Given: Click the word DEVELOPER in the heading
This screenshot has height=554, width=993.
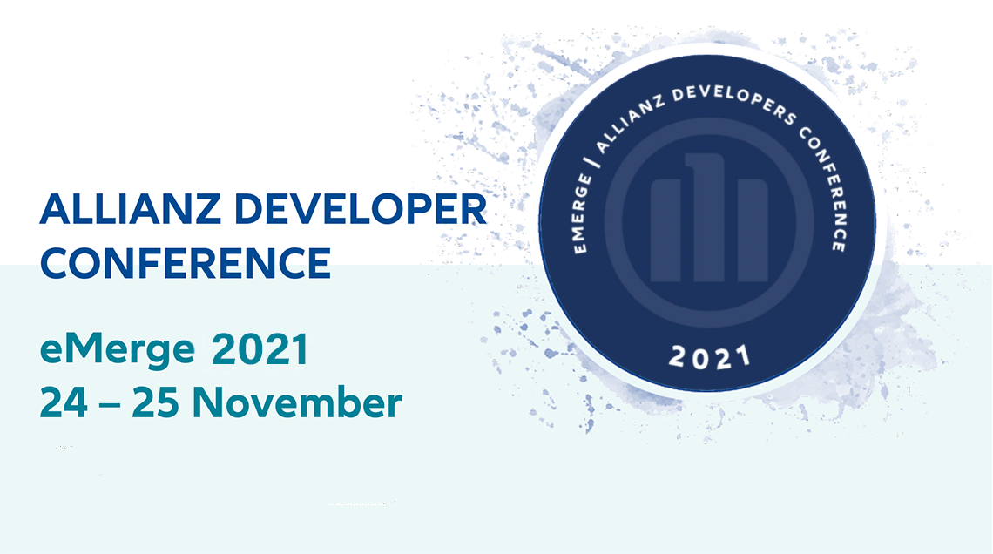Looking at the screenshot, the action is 361,209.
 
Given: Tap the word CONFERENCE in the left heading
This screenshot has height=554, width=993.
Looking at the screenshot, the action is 186,263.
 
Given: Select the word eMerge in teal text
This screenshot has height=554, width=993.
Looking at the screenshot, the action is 118,349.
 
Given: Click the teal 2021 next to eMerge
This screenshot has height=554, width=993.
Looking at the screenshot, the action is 260,348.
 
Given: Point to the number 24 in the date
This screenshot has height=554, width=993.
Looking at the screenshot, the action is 64,402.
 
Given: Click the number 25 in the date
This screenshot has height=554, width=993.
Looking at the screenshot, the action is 155,402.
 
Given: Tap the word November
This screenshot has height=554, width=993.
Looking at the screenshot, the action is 297,402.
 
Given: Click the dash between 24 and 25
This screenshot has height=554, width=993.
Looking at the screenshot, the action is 110,405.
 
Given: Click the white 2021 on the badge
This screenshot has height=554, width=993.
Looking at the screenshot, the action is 709,358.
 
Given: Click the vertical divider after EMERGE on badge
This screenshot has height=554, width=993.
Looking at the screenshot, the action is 594,161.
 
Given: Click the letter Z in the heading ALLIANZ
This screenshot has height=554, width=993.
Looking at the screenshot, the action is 207,209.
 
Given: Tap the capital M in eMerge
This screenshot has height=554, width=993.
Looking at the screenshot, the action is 84,348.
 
